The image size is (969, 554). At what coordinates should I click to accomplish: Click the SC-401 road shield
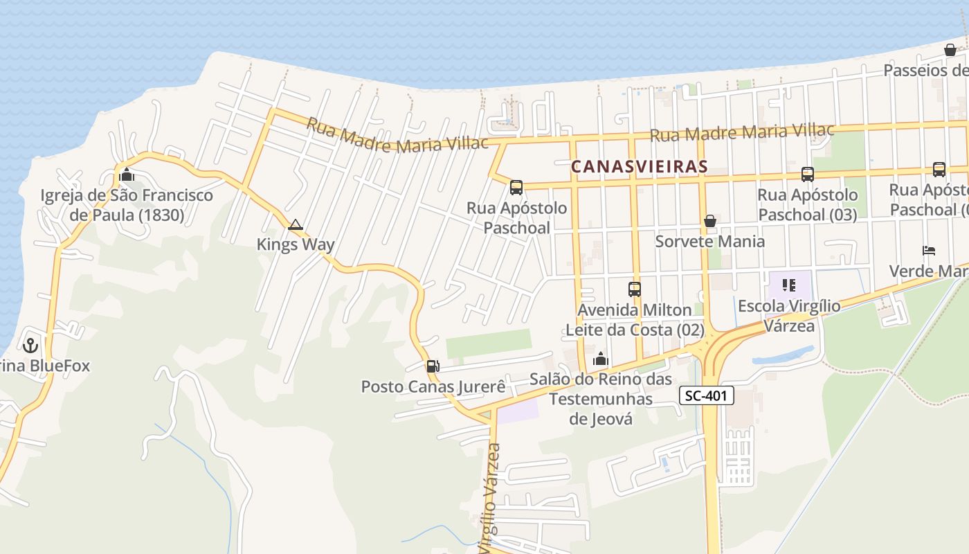click(706, 396)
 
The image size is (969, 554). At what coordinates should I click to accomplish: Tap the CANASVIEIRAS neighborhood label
click(640, 166)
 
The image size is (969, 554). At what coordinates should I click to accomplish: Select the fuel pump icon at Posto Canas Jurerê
click(433, 366)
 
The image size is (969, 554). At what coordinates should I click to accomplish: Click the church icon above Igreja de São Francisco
click(127, 175)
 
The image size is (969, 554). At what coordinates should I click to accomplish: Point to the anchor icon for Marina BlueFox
click(30, 344)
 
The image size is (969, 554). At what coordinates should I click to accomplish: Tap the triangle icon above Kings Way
click(296, 224)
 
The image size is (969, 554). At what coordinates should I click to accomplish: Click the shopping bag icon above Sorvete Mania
click(710, 221)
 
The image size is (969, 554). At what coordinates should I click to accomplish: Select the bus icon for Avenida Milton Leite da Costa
click(635, 289)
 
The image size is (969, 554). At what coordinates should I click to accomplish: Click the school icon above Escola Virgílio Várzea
click(789, 285)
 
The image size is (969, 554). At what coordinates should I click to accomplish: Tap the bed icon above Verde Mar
click(929, 250)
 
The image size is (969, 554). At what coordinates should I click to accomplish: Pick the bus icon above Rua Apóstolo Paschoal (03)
click(808, 175)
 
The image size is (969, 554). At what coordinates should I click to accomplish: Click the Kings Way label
click(296, 244)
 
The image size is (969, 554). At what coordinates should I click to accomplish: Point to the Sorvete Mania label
click(710, 241)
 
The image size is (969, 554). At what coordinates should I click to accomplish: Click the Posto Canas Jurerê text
click(433, 386)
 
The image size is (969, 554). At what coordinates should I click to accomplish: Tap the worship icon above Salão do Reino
click(601, 359)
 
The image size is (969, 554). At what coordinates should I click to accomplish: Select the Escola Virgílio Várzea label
click(789, 315)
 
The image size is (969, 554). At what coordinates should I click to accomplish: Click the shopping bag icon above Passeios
click(950, 50)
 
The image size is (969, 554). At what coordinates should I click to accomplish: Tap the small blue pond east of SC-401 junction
click(782, 357)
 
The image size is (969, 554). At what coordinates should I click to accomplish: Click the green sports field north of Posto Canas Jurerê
click(489, 343)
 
